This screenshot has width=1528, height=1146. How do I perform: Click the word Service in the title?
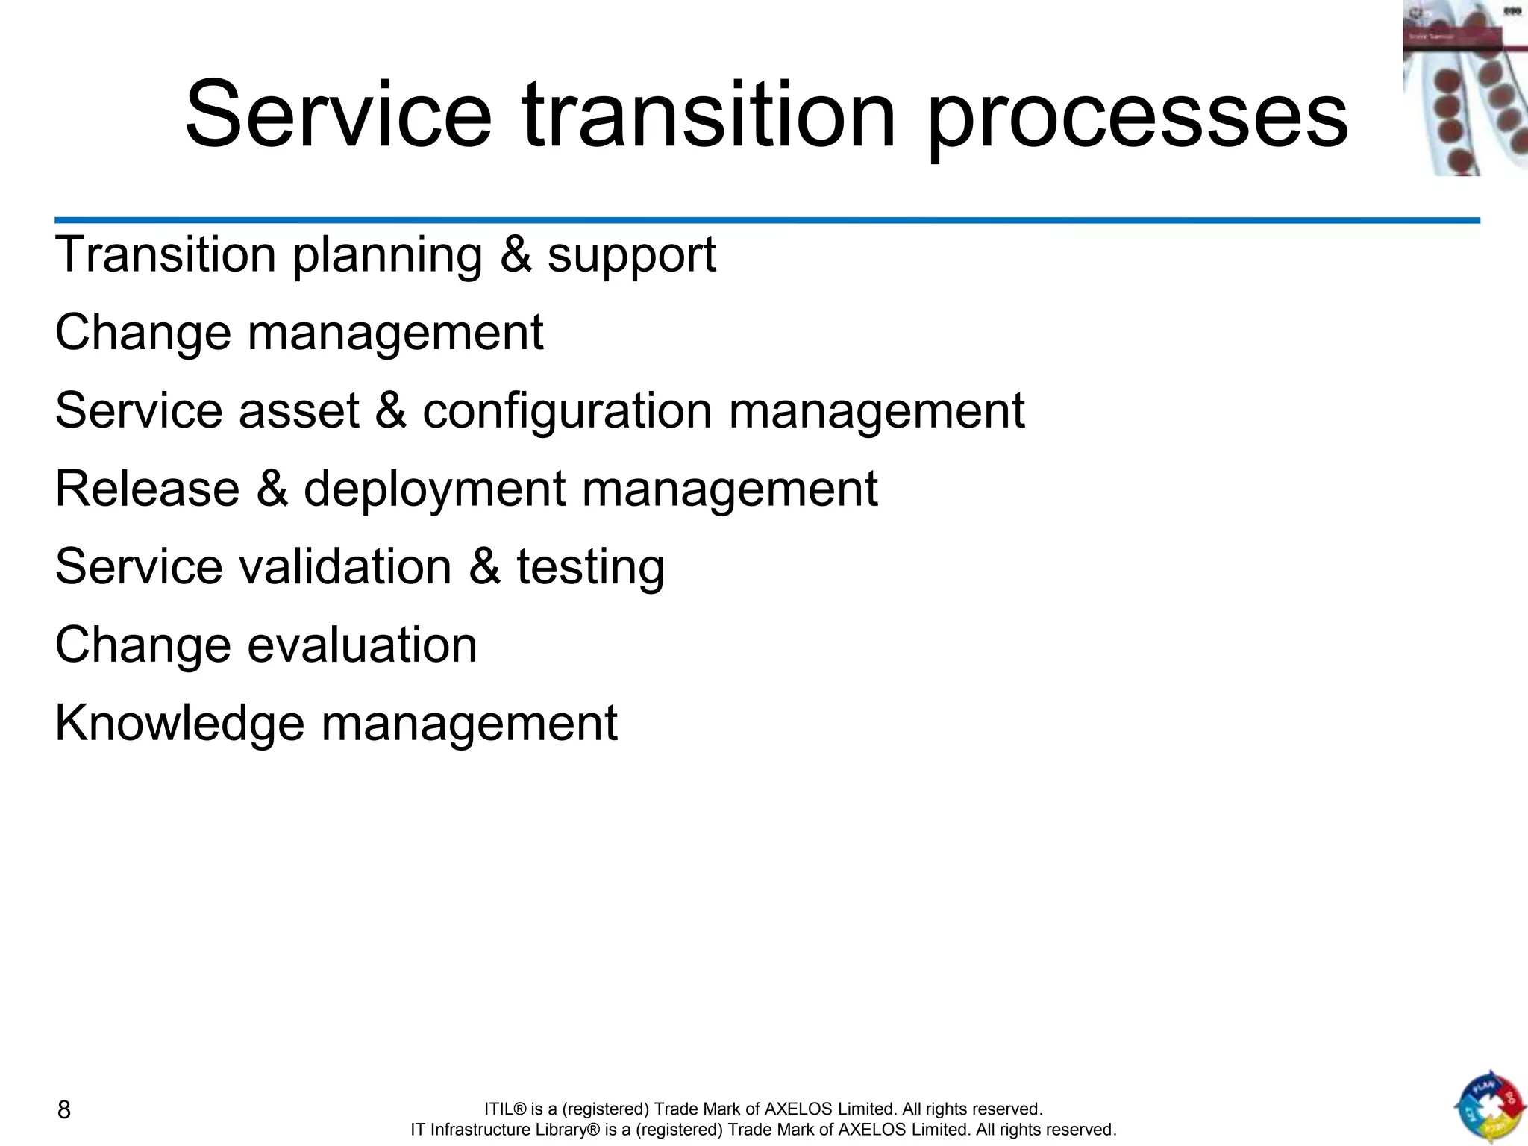pyautogui.click(x=338, y=116)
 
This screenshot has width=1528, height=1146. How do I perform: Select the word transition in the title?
pyautogui.click(x=708, y=116)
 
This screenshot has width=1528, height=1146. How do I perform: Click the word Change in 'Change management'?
pyautogui.click(x=143, y=333)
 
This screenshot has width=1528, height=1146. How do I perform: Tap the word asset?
pyautogui.click(x=298, y=411)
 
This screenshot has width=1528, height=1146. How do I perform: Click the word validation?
pyautogui.click(x=345, y=566)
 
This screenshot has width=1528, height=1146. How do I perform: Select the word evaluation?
pyautogui.click(x=362, y=645)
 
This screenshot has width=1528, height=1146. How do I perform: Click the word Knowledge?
pyautogui.click(x=180, y=724)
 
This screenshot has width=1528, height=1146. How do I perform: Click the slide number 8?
pyautogui.click(x=64, y=1110)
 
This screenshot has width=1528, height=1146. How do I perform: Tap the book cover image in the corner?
pyautogui.click(x=1465, y=88)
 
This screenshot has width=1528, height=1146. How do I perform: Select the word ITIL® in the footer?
pyautogui.click(x=505, y=1109)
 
